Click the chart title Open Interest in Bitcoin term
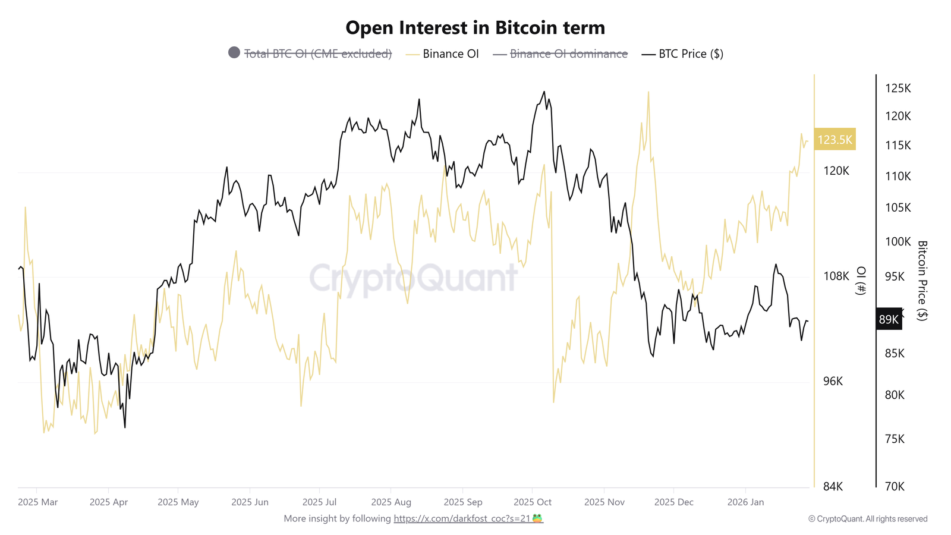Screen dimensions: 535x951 (475, 28)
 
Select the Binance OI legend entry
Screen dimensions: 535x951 (450, 54)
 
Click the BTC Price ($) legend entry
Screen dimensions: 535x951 (690, 54)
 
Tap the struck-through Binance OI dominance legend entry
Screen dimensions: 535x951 (568, 54)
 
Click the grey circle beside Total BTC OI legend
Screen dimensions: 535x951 (234, 53)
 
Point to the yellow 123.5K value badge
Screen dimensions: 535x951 (835, 140)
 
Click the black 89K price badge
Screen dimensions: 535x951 (889, 319)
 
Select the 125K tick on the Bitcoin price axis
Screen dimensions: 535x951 (898, 89)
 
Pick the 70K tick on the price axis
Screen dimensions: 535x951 (895, 486)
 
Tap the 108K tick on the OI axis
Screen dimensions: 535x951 (836, 276)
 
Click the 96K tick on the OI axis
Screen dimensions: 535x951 (833, 381)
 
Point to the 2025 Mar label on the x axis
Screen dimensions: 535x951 (38, 502)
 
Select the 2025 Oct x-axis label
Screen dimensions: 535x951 (533, 502)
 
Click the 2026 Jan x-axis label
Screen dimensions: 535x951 (745, 502)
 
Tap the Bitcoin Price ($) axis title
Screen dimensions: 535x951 (922, 281)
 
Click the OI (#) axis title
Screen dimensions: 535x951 (861, 281)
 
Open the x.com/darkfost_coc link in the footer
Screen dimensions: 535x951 (462, 518)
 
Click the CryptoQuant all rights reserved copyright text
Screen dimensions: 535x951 (868, 519)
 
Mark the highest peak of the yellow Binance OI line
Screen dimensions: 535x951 (648, 93)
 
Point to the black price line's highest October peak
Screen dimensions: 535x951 (544, 92)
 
